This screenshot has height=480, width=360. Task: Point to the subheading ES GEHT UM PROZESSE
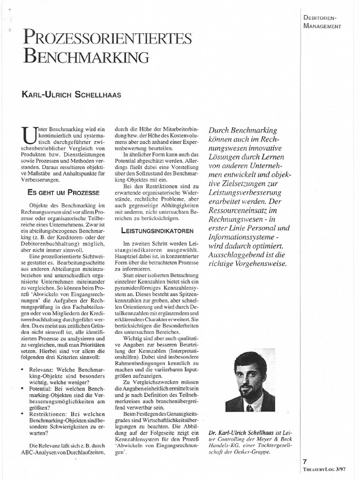(x=63, y=193)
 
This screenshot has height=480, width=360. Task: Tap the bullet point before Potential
(x=23, y=390)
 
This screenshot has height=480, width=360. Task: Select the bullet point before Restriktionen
(x=23, y=414)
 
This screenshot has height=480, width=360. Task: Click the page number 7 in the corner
(x=305, y=461)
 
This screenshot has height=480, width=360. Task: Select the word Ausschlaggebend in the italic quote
(x=239, y=254)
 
